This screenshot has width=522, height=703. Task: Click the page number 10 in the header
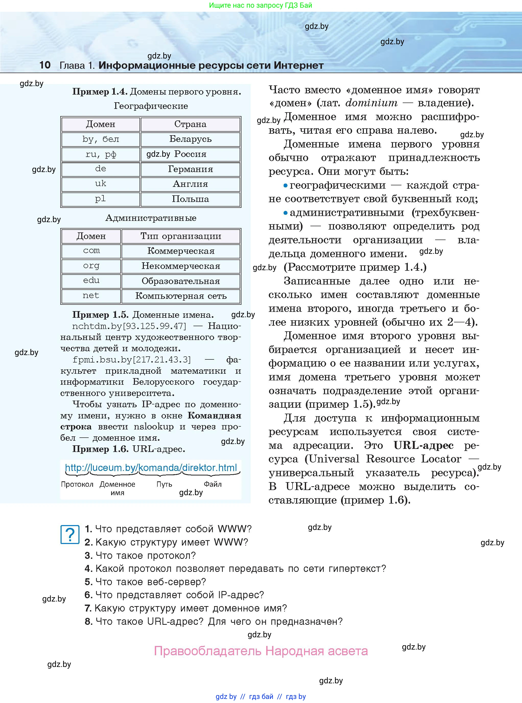point(45,65)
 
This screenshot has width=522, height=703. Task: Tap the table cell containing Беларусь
point(190,139)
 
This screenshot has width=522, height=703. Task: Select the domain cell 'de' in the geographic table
point(100,169)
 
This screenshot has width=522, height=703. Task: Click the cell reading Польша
point(190,199)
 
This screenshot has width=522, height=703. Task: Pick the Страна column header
point(190,124)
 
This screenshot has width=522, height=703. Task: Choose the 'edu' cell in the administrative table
point(91,281)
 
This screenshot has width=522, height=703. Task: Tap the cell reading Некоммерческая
point(181,266)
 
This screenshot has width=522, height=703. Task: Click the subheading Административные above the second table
point(151,218)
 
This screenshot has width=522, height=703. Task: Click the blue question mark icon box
point(70,535)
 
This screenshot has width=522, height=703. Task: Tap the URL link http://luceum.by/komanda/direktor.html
point(151,468)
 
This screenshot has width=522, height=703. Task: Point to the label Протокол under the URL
point(77,484)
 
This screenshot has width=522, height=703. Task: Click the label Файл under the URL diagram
point(213,484)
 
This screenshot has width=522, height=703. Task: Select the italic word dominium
point(371,103)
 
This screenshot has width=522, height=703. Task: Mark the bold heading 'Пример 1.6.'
point(100,449)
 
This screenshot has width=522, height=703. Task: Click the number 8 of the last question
point(88,621)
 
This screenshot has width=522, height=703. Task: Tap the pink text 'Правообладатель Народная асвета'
point(261,651)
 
